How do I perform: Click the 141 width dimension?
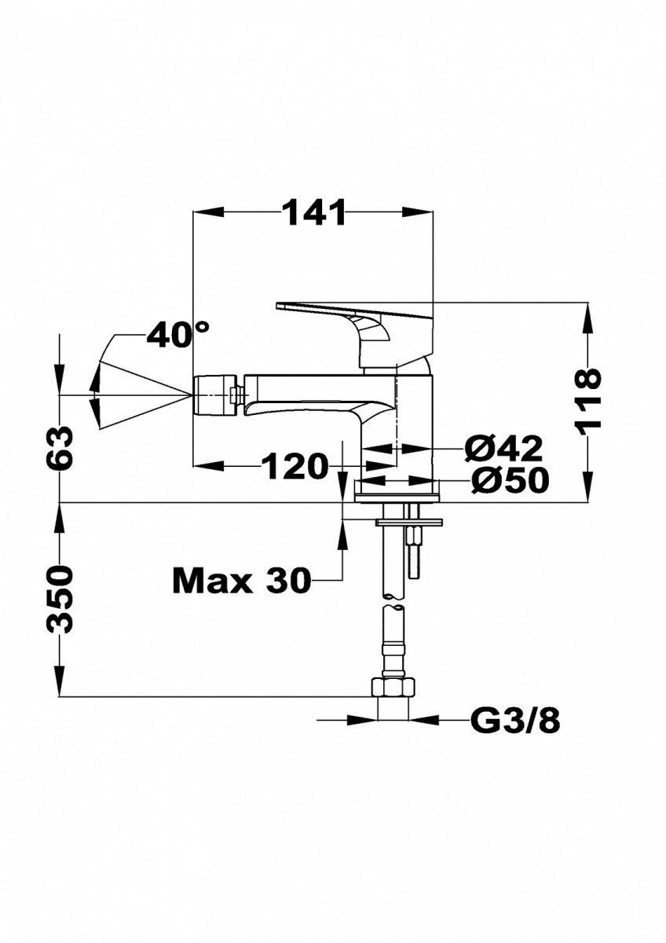pyautogui.click(x=313, y=212)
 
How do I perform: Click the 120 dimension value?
pyautogui.click(x=294, y=467)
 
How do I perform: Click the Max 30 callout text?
pyautogui.click(x=240, y=581)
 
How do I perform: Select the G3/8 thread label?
pyautogui.click(x=515, y=719)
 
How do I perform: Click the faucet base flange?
pyautogui.click(x=399, y=494)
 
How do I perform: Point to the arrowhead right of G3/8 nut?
pyautogui.click(x=424, y=718)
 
